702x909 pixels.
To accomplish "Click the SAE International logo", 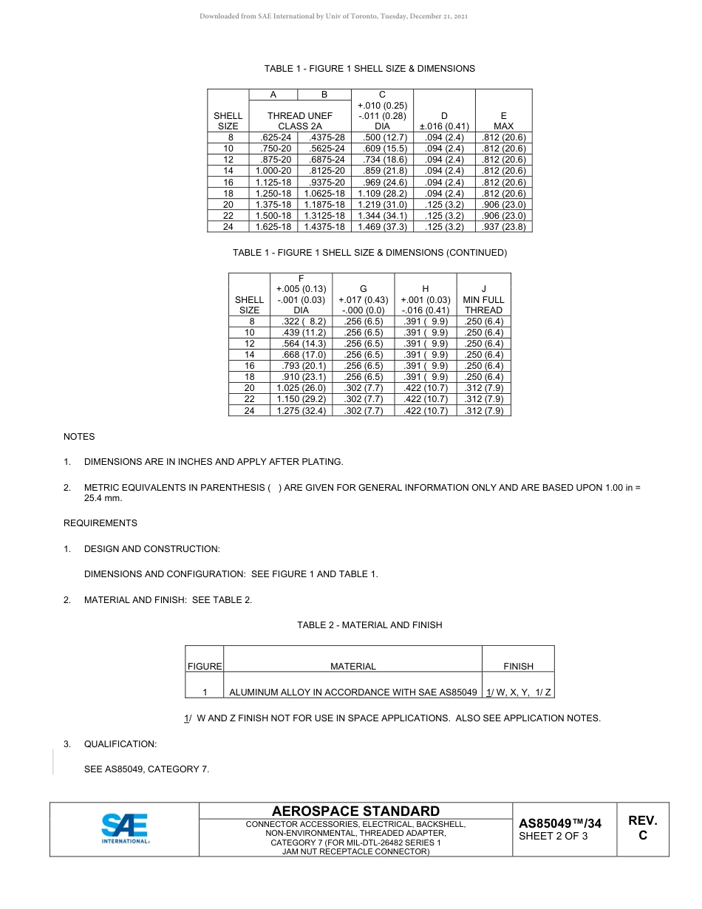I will pos(125,828).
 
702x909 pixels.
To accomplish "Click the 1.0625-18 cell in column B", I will pos(325,193).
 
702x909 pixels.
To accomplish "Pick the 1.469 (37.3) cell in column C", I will pos(382,227).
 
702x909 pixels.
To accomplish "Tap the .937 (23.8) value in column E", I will pos(503,227).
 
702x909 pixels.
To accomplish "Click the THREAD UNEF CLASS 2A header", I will pos(300,120).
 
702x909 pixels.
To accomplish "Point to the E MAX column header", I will pos(503,120).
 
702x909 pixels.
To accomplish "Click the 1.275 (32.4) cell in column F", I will pos(301,411).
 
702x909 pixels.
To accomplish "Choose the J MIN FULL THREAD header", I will pos(483,299).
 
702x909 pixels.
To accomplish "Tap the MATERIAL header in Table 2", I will pos(352,666).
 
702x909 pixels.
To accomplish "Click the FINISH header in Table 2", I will pos(518,666).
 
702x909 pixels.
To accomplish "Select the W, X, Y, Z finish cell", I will pos(518,692).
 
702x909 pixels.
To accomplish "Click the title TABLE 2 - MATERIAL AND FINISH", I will pos(369,625).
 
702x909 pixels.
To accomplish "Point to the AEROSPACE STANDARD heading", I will pos(357,811).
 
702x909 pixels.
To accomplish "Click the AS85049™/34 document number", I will pos(560,823).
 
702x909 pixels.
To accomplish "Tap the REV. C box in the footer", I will pos(642,828).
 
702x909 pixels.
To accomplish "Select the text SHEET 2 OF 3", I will pos(553,837).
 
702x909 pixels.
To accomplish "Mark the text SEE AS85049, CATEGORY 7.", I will pos(147,769).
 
